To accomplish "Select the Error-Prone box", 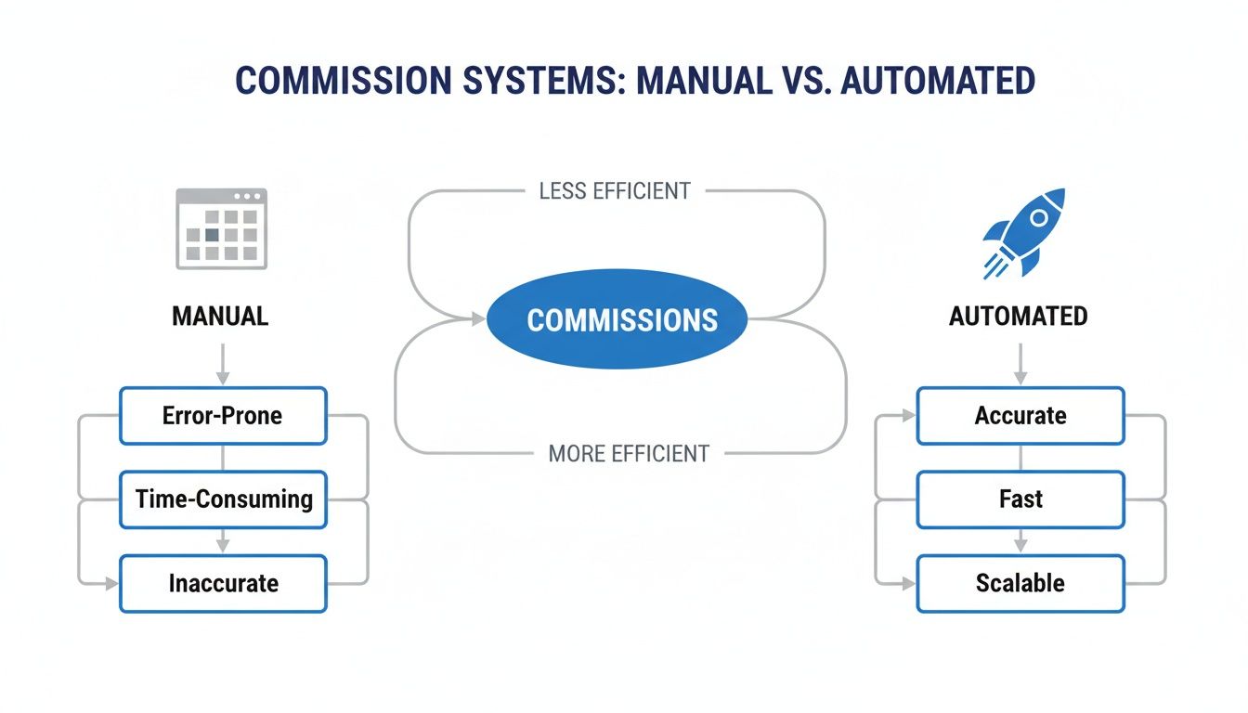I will (223, 415).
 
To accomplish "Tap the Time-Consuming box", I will (223, 499).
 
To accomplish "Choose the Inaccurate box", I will (223, 584).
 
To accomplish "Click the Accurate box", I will (1020, 415).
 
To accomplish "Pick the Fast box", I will (1020, 499).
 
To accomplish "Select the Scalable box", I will (1020, 584).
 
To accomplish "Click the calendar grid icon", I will (222, 228).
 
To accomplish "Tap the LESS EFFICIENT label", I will (615, 191).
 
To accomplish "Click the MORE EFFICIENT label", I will (629, 454).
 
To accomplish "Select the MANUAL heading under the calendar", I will (220, 317).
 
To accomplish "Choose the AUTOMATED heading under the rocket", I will (1018, 317).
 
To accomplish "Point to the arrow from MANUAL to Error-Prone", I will (222, 362).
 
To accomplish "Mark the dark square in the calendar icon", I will (212, 235).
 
